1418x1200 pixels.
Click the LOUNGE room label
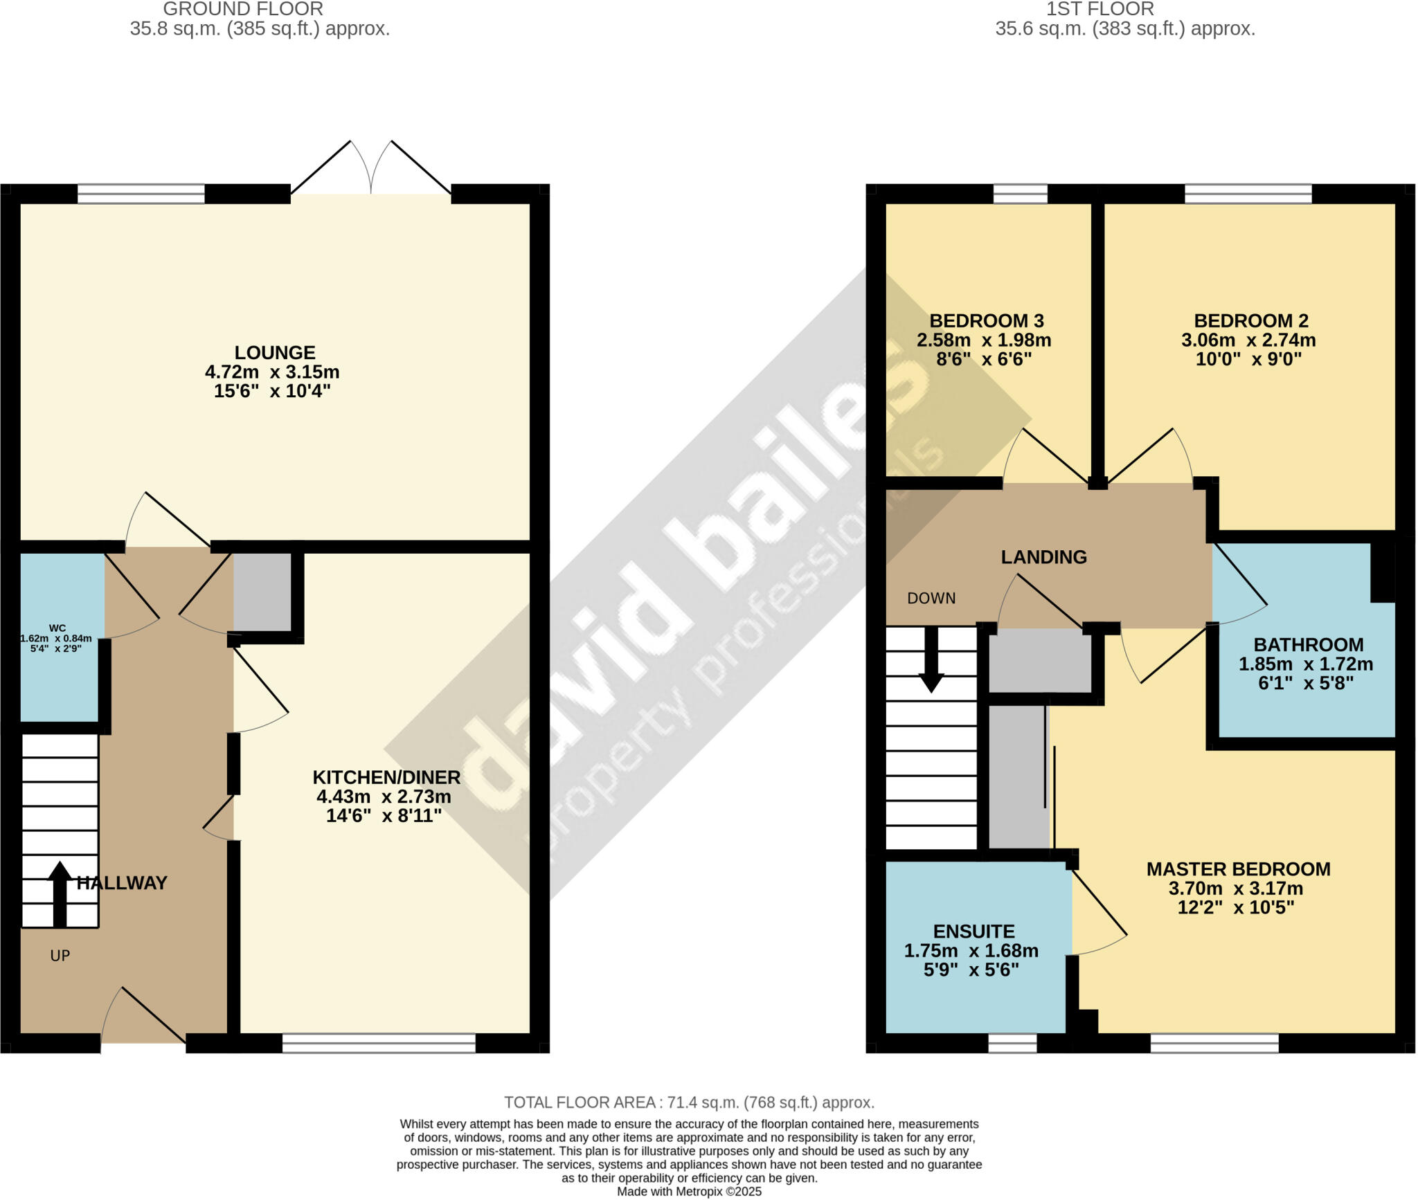click(x=274, y=353)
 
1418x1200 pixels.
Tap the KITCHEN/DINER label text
click(x=386, y=777)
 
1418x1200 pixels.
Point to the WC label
click(x=57, y=628)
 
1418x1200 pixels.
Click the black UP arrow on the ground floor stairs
click(x=60, y=893)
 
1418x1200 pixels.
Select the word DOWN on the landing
click(x=931, y=598)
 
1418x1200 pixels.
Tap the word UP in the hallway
click(x=60, y=956)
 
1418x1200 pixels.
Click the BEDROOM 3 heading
click(x=986, y=321)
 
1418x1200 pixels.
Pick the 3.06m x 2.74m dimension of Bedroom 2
click(x=1248, y=340)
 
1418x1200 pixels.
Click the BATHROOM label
click(x=1308, y=645)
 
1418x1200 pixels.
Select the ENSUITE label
click(x=973, y=931)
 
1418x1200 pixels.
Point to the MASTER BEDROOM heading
click(x=1238, y=869)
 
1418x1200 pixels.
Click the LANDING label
click(x=1043, y=557)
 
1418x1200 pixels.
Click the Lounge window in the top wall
click(x=141, y=194)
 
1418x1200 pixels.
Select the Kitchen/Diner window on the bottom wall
click(x=379, y=1043)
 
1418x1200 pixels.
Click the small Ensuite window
click(x=1012, y=1043)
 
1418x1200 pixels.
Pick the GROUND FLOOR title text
click(x=242, y=9)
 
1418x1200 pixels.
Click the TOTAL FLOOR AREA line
click(x=689, y=1102)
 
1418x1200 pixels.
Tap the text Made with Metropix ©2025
click(x=689, y=1192)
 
